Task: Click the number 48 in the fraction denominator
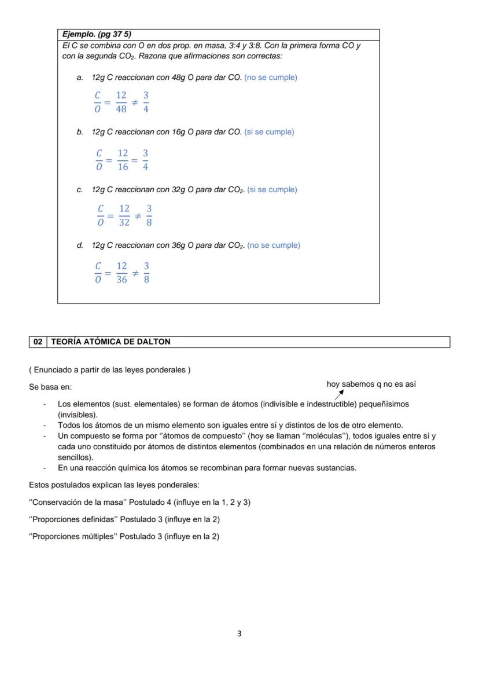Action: coord(121,108)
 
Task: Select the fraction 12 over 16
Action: coord(123,160)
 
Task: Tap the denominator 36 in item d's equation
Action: coord(121,280)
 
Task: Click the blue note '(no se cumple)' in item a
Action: coord(271,77)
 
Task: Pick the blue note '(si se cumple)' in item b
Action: coord(269,132)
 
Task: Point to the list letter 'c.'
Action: coord(80,189)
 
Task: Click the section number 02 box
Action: coord(38,342)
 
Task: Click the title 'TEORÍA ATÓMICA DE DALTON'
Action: coord(110,342)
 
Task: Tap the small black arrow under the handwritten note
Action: coord(339,395)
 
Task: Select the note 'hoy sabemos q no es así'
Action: coord(371,384)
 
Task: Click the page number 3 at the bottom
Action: coord(239,633)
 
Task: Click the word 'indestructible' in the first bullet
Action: coord(331,404)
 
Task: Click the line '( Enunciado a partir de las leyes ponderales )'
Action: coord(109,369)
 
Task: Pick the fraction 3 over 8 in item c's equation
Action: coord(149,215)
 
